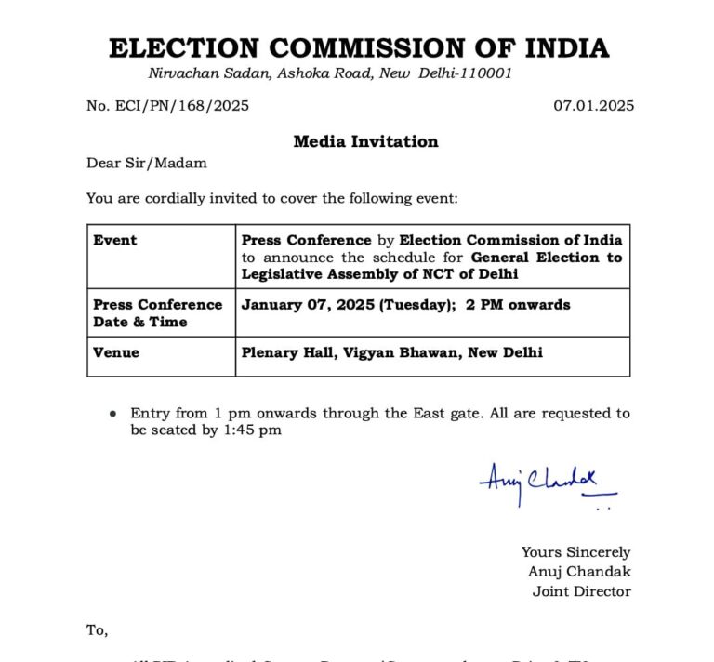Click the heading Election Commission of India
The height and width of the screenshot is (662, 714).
359,47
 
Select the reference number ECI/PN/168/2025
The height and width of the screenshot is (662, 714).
168,106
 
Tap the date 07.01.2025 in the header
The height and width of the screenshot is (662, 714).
594,106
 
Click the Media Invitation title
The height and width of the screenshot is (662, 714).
365,141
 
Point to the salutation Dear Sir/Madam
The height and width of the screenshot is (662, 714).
147,164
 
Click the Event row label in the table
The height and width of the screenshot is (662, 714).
115,240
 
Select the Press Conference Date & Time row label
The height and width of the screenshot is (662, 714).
158,313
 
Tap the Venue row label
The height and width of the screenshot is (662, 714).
116,352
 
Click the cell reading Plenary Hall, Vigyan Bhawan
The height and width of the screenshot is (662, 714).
392,352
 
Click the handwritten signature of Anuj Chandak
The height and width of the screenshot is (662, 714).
547,483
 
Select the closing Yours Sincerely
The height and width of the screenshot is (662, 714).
575,552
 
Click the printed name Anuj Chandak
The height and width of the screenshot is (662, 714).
579,572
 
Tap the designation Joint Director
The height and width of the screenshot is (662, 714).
581,591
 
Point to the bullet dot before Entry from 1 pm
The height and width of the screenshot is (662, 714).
112,414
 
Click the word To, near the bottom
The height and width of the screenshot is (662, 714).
98,630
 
